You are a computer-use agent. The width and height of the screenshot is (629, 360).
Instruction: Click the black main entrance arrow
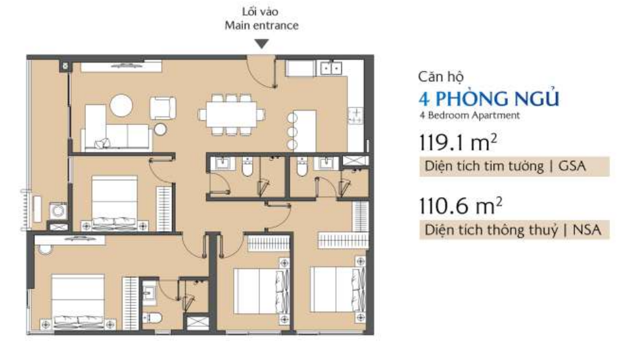(262, 44)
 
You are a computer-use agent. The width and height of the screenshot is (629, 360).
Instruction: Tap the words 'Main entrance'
(262, 25)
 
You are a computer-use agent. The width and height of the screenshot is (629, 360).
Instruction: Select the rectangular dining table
(232, 115)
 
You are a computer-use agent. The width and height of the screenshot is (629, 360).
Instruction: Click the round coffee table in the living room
(121, 105)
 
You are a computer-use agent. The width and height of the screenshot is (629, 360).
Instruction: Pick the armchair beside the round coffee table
(163, 108)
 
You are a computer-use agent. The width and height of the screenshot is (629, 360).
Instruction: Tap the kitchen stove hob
(356, 116)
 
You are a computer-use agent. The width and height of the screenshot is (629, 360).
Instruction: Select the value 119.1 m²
(458, 143)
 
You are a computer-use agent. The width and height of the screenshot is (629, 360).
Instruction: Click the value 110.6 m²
(460, 206)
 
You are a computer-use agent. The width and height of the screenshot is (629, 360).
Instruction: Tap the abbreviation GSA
(572, 166)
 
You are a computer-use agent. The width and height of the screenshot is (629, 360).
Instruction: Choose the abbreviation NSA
(587, 230)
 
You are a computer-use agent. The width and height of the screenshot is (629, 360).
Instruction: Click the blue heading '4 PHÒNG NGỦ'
(488, 98)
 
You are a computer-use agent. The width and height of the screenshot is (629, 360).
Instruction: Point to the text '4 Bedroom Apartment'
(469, 115)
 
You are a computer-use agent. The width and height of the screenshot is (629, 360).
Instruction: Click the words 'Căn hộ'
(440, 77)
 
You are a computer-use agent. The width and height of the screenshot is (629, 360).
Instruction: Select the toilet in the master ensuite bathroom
(152, 318)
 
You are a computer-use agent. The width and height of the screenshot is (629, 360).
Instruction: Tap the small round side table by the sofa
(160, 129)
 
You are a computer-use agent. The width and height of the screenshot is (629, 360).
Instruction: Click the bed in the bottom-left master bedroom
(77, 301)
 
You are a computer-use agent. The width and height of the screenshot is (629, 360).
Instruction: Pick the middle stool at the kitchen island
(292, 132)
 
